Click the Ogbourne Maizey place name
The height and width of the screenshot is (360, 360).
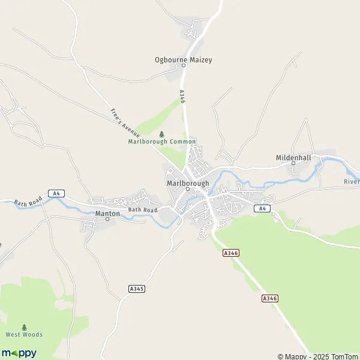click(183, 60)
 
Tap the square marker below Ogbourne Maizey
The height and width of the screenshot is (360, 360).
click(183, 67)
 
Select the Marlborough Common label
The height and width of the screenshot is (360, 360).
click(162, 142)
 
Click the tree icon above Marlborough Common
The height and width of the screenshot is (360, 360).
click(161, 134)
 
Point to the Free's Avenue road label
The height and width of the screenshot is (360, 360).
click(125, 121)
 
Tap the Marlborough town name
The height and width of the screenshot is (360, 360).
click(188, 182)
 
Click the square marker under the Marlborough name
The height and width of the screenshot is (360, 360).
click(188, 190)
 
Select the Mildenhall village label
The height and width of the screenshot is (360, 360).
click(293, 157)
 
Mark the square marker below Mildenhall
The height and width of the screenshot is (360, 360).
click(293, 163)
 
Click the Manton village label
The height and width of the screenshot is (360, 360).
click(107, 213)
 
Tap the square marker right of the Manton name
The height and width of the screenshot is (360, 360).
click(107, 219)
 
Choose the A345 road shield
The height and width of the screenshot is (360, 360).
click(137, 289)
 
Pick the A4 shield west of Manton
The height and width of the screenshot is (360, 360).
click(56, 193)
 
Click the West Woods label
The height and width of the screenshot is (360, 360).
click(25, 334)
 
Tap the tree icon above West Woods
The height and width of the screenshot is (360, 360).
click(25, 327)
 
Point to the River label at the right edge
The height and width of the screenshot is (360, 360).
click(352, 181)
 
